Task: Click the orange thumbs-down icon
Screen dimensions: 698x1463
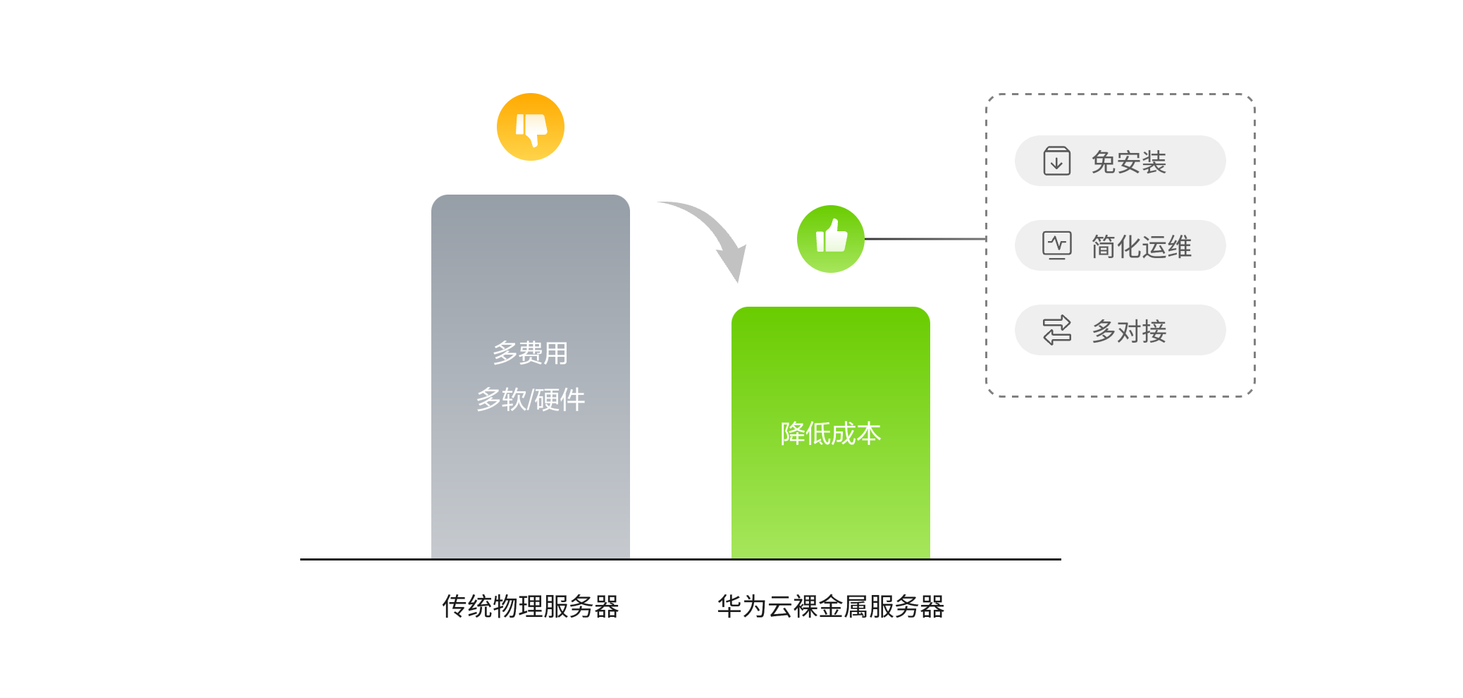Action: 530,127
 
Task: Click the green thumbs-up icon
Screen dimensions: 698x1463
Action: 830,238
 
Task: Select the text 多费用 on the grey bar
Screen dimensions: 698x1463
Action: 530,353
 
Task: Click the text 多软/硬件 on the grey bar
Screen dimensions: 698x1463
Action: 530,400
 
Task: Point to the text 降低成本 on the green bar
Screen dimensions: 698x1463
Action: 830,434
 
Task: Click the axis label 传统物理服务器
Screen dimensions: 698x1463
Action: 530,606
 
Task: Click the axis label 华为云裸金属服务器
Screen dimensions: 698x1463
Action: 830,606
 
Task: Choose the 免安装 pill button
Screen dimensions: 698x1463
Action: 1120,161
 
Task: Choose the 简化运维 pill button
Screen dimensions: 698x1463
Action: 1120,246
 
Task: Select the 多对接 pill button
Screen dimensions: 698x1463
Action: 1120,331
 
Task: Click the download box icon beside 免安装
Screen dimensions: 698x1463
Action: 1056,161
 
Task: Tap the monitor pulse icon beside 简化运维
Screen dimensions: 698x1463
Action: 1056,245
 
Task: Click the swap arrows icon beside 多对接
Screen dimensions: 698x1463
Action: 1056,330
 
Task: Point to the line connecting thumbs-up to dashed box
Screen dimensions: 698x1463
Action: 925,239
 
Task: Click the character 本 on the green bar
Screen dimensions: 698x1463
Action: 869,434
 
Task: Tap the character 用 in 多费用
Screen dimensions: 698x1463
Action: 556,353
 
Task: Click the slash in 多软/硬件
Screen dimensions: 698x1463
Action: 531,400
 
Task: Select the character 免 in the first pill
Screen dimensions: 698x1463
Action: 1104,162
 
